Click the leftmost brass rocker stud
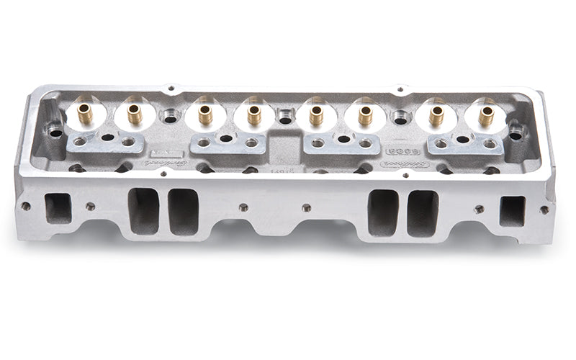tap(86, 112)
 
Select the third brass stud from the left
tap(205, 114)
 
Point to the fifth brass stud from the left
tap(316, 114)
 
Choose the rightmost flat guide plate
tap(464, 144)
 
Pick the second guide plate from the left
tap(228, 143)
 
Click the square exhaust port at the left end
tap(58, 208)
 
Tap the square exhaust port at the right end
tap(512, 211)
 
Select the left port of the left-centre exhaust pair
tap(143, 210)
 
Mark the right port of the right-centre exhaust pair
tap(423, 213)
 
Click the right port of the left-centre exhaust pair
tap(183, 211)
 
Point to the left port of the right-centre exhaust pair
tap(383, 212)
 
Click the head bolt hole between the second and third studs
tap(170, 116)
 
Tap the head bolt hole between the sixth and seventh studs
tap(400, 117)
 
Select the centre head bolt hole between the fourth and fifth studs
tap(285, 117)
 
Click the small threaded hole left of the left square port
tap(26, 206)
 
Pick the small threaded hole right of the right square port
tap(544, 210)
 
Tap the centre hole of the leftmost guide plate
tap(107, 137)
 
